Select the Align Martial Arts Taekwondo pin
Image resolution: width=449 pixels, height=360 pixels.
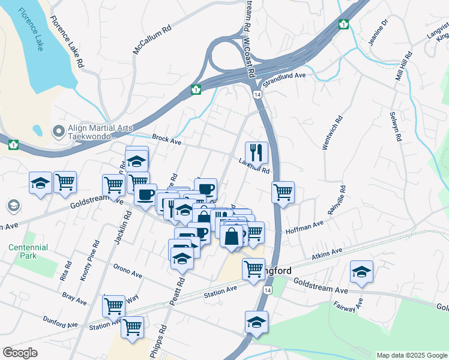pyautogui.click(x=58, y=130)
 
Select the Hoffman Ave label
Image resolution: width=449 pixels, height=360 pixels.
pyautogui.click(x=304, y=226)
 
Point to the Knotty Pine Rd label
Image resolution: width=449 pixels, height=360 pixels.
pyautogui.click(x=90, y=262)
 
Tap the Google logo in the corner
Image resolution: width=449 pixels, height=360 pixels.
pyautogui.click(x=20, y=353)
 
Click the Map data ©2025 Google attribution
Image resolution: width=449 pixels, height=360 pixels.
pyautogui.click(x=411, y=355)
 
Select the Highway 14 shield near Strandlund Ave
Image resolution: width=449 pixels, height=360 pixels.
pyautogui.click(x=257, y=95)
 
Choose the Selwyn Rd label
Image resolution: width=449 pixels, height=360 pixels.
pyautogui.click(x=395, y=127)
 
